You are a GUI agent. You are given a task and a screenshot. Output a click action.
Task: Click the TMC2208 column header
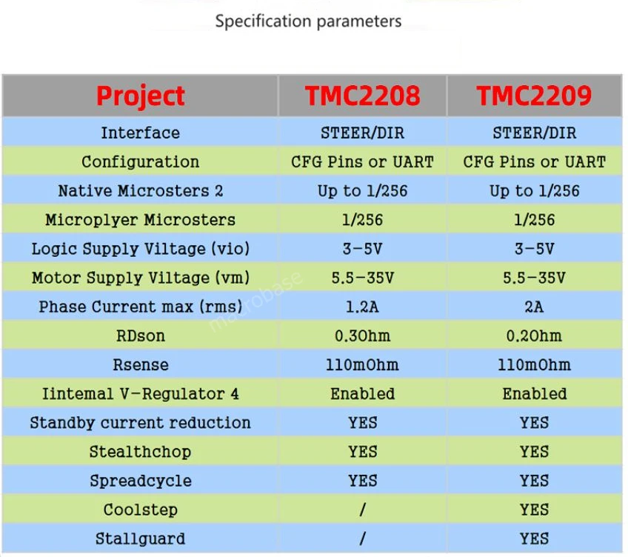[362, 96]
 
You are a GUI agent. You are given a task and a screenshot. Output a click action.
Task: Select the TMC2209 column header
[534, 96]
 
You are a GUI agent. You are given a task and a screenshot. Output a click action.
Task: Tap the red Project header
[141, 96]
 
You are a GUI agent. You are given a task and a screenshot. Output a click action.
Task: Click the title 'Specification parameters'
[308, 21]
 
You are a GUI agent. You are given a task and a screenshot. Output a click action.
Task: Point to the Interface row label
[140, 133]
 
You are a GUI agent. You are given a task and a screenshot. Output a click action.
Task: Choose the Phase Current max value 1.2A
[362, 307]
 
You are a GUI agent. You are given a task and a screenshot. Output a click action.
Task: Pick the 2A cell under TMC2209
[534, 307]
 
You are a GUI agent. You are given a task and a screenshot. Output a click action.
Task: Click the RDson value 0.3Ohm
[362, 336]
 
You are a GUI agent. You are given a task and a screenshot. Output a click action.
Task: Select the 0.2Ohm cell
[534, 336]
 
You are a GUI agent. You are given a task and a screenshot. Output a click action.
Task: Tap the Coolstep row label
[140, 510]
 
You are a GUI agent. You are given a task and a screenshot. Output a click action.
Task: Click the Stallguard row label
[140, 538]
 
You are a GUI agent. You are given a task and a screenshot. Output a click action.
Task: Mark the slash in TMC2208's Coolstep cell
[362, 510]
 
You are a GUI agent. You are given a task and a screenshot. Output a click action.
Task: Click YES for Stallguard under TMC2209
[534, 538]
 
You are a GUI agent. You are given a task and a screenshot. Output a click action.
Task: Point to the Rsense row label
[140, 364]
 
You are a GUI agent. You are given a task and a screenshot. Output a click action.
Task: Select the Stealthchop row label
[140, 452]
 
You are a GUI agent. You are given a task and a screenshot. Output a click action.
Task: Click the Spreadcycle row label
[140, 481]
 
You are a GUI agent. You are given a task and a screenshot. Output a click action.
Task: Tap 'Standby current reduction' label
[140, 423]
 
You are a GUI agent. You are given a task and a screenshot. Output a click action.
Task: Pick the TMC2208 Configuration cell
[362, 162]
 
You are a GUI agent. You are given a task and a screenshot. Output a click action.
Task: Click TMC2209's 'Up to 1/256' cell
[534, 191]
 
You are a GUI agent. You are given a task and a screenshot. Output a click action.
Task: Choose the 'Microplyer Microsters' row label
[140, 220]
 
